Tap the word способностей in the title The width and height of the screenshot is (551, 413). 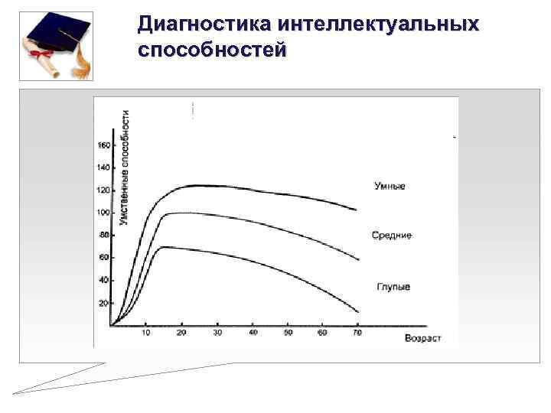pos(211,50)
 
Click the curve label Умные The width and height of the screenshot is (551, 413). pos(390,186)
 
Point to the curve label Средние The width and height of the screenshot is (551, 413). pos(392,236)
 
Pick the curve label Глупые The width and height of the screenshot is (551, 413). pos(393,287)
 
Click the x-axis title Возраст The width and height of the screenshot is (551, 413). pos(422,337)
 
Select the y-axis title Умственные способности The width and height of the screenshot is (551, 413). pos(125,167)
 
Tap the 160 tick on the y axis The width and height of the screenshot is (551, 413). pos(103,145)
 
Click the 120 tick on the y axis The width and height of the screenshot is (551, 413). pos(103,190)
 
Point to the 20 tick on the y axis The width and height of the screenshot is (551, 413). pos(105,303)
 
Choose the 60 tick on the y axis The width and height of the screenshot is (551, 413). pos(105,258)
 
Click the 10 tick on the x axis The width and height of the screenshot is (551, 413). pos(146,333)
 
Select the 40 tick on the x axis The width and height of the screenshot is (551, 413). pos(253,333)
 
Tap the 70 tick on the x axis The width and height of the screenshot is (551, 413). pos(357,333)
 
